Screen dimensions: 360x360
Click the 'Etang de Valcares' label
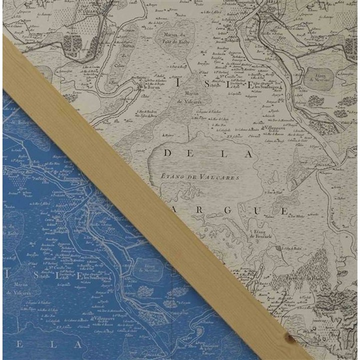200,176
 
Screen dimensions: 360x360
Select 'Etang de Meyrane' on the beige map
318,78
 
